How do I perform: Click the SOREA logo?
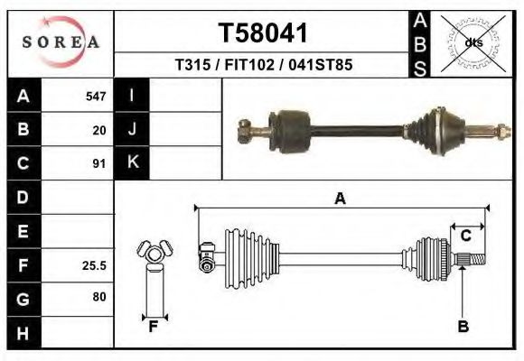[x=61, y=42]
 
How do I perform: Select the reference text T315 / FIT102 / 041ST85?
[x=263, y=65]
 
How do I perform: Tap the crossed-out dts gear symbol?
[x=473, y=42]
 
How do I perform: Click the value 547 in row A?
[x=96, y=97]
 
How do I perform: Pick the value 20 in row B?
[x=99, y=130]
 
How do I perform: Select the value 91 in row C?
[x=99, y=164]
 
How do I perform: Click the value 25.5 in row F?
[x=95, y=266]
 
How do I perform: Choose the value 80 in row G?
[x=98, y=297]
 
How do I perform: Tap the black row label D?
[x=23, y=198]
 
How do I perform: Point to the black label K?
[x=132, y=163]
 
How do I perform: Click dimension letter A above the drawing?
[x=341, y=199]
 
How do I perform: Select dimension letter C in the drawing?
[x=466, y=236]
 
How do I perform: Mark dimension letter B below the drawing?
[x=463, y=327]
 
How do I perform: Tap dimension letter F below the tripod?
[x=154, y=327]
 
